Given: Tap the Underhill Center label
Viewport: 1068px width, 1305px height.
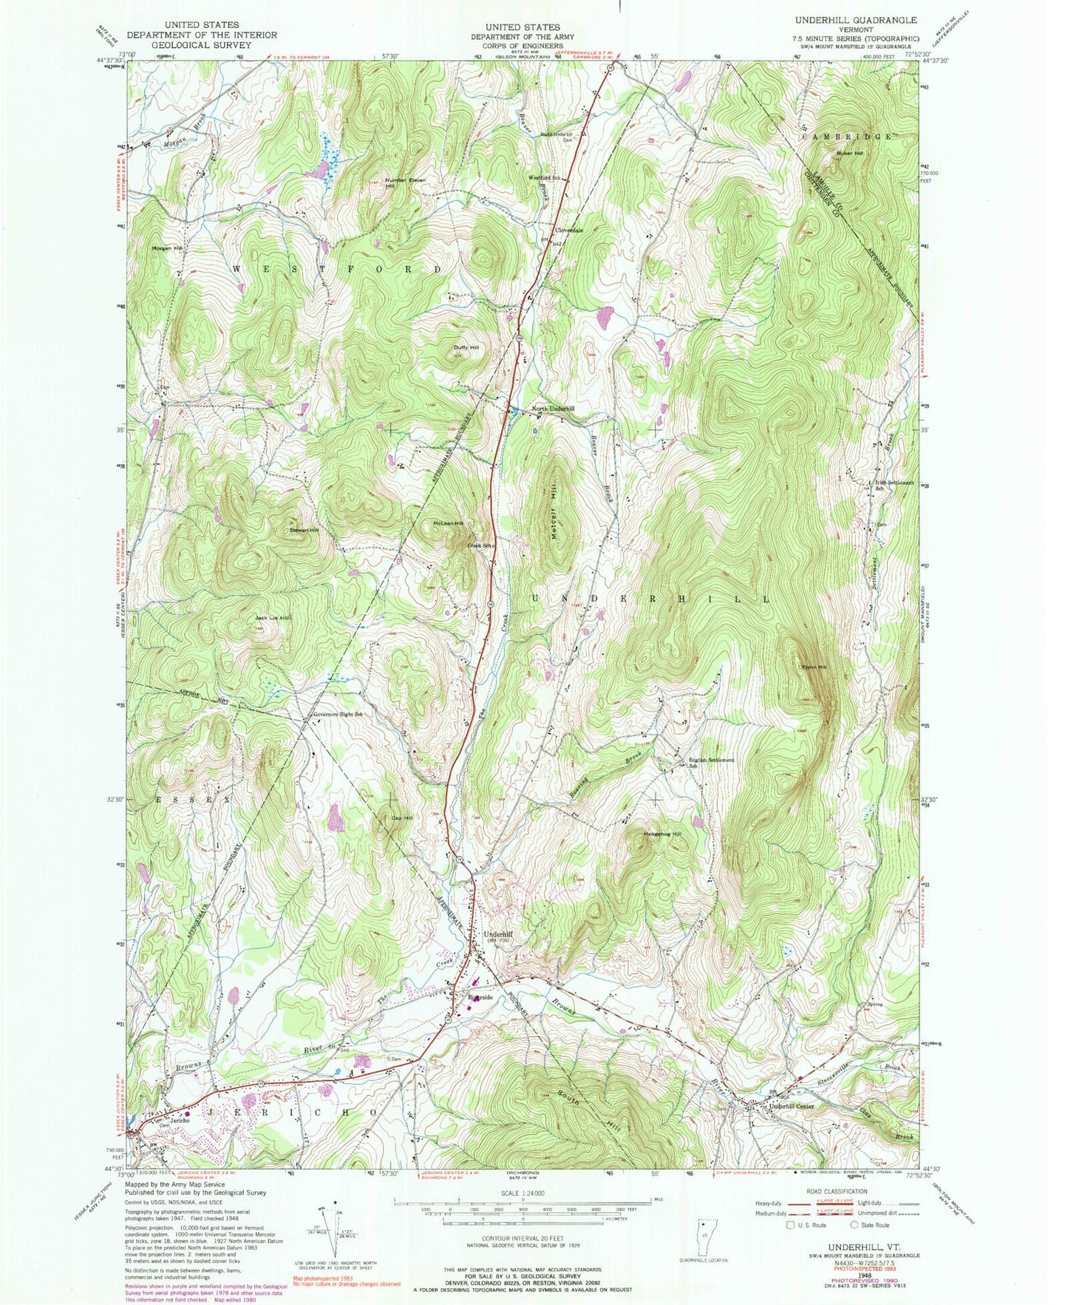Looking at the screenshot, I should pos(792,1106).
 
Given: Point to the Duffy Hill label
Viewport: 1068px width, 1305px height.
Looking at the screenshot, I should pos(466,347).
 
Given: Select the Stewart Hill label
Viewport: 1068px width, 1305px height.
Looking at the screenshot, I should pos(303,530).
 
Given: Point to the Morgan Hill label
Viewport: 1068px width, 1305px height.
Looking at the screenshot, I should pos(167,248).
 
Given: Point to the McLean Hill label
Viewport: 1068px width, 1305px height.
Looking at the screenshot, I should pos(448,523).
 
